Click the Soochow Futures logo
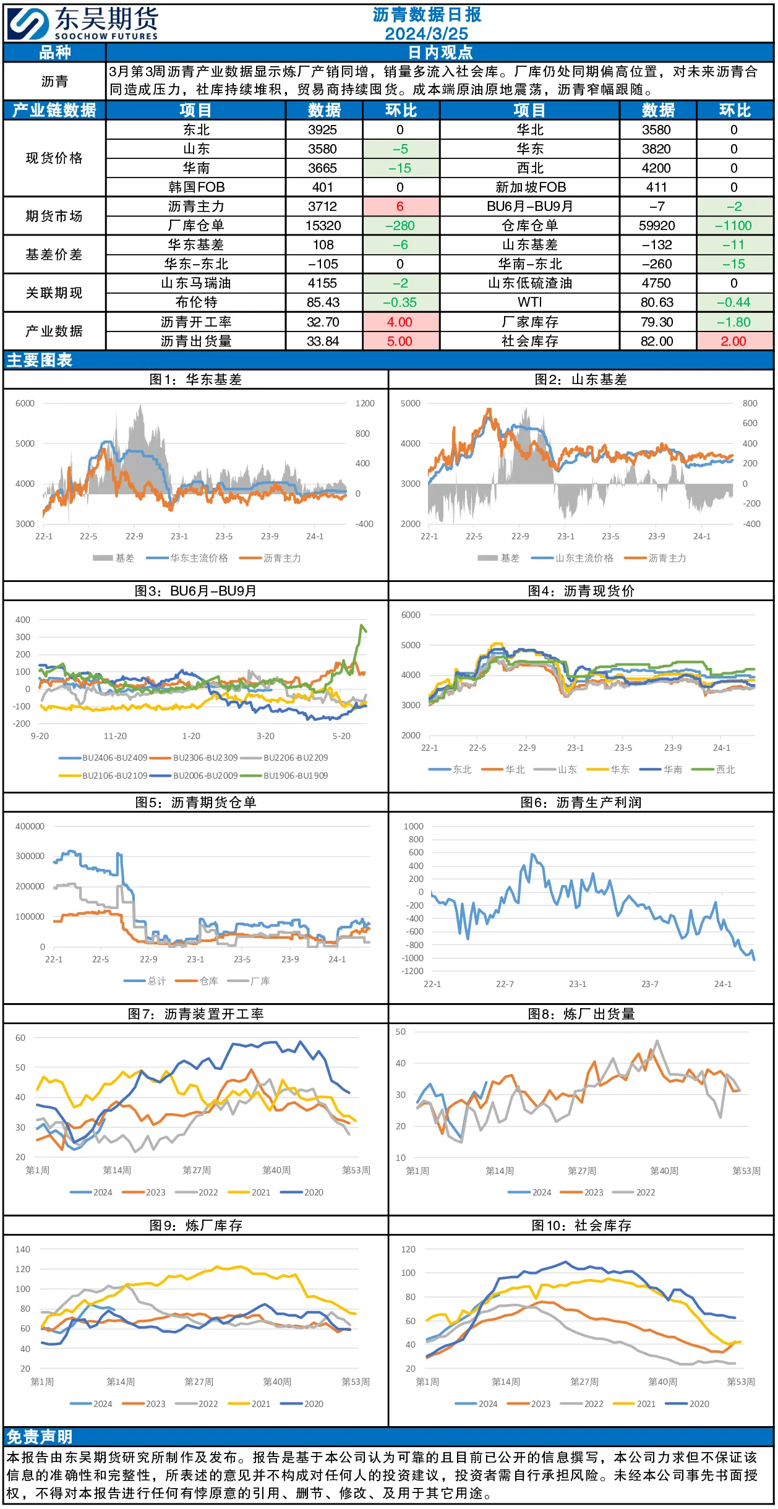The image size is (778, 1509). (x=83, y=24)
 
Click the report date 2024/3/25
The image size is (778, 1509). (x=426, y=33)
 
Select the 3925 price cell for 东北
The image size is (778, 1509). (x=323, y=130)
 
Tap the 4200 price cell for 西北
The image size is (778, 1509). (x=656, y=168)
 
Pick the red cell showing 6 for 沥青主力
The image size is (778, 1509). (x=400, y=207)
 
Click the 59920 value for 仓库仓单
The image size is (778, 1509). (x=657, y=226)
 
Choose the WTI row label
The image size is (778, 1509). (x=530, y=302)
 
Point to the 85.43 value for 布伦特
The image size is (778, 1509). (x=323, y=302)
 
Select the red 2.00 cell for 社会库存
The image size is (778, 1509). (x=734, y=341)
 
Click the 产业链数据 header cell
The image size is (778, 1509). (x=54, y=110)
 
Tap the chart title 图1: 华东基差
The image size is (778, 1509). (x=195, y=379)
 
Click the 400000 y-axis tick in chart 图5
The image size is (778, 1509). (x=30, y=826)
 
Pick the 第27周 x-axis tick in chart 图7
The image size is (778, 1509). (x=197, y=1170)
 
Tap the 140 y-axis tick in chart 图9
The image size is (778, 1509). (x=23, y=1249)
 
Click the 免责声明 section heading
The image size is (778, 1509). (x=40, y=1437)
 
